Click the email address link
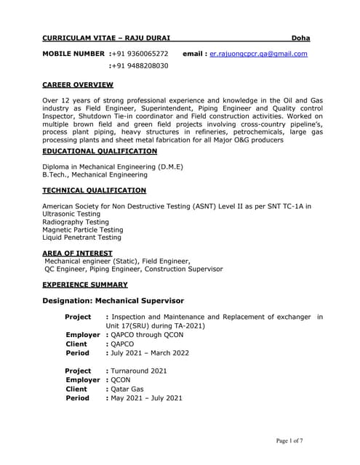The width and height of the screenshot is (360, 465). coord(258,54)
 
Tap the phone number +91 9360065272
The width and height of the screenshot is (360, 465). coord(140,54)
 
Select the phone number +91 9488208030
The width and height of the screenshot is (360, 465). coord(140,66)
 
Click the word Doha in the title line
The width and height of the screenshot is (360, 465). coord(300,37)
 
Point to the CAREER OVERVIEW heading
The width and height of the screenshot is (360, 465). coord(77,85)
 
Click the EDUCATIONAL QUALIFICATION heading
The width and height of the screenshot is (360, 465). coord(100,151)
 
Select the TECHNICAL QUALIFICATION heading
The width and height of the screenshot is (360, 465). coord(94,190)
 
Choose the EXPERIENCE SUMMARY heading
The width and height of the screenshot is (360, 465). coord(84,285)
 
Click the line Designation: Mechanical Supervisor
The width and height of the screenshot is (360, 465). coord(113,301)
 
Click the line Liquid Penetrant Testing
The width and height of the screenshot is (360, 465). coord(82,237)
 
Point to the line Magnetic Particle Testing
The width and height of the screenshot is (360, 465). coord(83,230)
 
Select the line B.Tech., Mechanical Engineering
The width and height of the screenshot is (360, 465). coord(95,174)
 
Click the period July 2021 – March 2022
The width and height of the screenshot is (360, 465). coord(149,353)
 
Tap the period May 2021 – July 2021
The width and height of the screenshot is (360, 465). coord(145,398)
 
